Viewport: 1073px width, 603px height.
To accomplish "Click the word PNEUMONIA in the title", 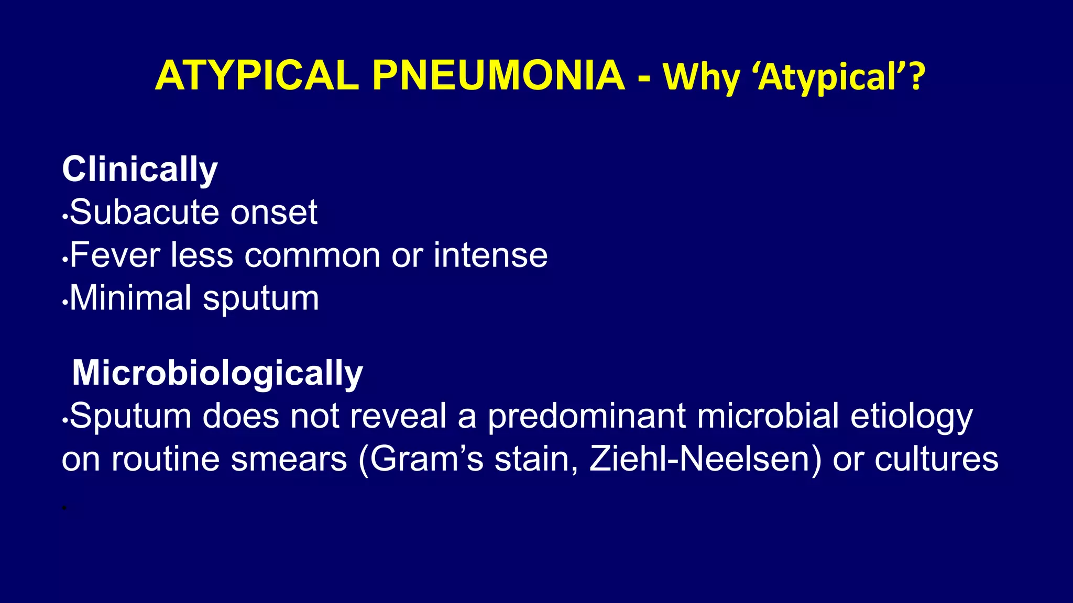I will coord(498,76).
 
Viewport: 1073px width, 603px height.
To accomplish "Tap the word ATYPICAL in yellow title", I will coord(257,76).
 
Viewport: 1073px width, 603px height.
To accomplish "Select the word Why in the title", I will coord(701,77).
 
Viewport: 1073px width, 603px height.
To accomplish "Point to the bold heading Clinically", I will coord(139,170).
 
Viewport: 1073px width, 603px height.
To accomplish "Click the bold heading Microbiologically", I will coord(217,373).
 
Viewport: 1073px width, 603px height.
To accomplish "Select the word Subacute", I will coord(142,212).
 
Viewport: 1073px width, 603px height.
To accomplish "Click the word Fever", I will coord(114,255).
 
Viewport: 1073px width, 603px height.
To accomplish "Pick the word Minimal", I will coord(130,298).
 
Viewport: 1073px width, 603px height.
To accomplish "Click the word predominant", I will coord(586,417).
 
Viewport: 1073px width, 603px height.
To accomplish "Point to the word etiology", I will coord(911,417).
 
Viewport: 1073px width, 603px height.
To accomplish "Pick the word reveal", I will coord(398,416).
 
